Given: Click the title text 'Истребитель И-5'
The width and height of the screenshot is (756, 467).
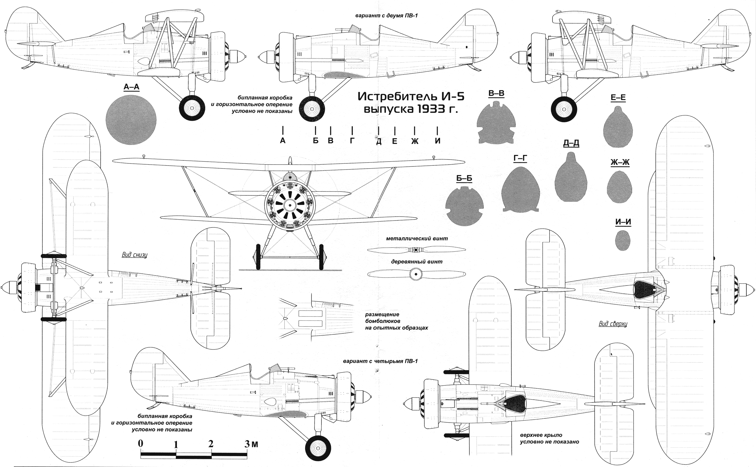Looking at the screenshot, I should click(x=411, y=97).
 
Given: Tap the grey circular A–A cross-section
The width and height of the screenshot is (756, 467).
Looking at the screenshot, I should click(x=131, y=120).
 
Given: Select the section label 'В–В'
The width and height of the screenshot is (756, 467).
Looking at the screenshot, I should click(x=496, y=94).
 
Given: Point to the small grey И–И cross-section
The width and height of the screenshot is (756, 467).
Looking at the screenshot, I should click(x=623, y=240).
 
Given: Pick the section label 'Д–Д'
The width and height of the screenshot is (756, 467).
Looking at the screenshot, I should click(x=571, y=143).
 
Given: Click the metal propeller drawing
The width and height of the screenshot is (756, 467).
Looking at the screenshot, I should click(x=416, y=250).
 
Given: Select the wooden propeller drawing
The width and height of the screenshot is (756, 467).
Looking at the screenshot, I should click(x=416, y=274).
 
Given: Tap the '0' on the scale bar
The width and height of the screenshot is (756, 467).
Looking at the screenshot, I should click(x=141, y=443).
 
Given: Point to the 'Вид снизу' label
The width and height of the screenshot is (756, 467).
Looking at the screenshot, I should click(x=135, y=255).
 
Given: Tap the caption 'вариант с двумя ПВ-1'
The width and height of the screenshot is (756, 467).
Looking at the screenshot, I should click(x=386, y=15).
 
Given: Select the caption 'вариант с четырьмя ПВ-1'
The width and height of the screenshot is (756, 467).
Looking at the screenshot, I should click(x=380, y=361).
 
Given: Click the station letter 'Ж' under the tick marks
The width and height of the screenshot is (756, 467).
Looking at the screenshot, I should click(x=415, y=141).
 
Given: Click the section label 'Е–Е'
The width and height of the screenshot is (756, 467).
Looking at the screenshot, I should click(x=618, y=98).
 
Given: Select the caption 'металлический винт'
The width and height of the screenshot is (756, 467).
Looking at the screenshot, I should click(x=416, y=239).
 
